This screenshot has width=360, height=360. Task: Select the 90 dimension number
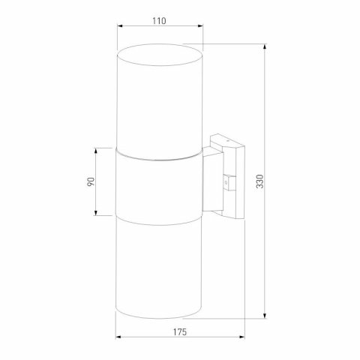pos(89,181)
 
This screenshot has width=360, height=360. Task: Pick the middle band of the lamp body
pos(159,184)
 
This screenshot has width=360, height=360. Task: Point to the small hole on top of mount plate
pos(221,139)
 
